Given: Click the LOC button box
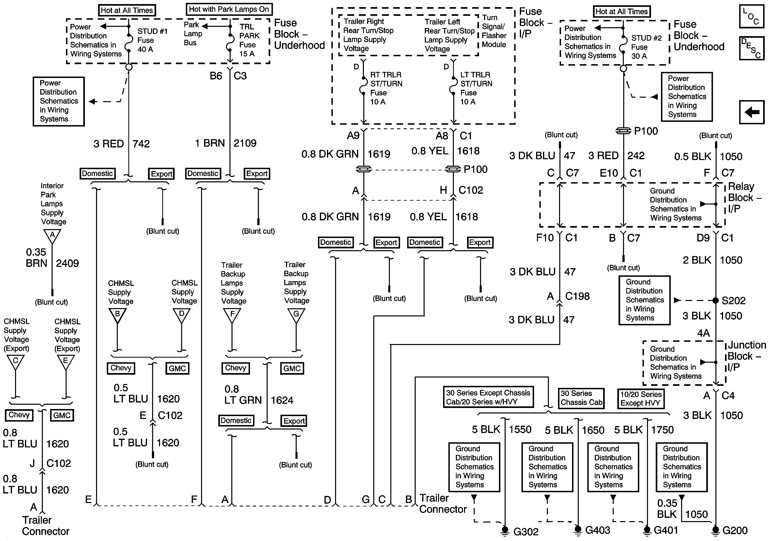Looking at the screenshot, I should [x=752, y=16].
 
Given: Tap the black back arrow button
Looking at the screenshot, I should [x=752, y=112].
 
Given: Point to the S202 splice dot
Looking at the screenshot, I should [x=715, y=300].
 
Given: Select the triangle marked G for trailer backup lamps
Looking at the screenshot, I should [x=296, y=315].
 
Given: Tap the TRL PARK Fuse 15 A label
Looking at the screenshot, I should [x=249, y=40].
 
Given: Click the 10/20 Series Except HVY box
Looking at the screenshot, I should [x=640, y=398].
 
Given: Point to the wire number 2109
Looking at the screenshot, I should [x=245, y=143].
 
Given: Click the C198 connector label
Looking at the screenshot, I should [x=577, y=296].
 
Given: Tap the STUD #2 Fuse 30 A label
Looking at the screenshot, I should [x=646, y=47].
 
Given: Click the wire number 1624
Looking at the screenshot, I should [x=282, y=400].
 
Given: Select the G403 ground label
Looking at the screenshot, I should [x=597, y=530].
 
